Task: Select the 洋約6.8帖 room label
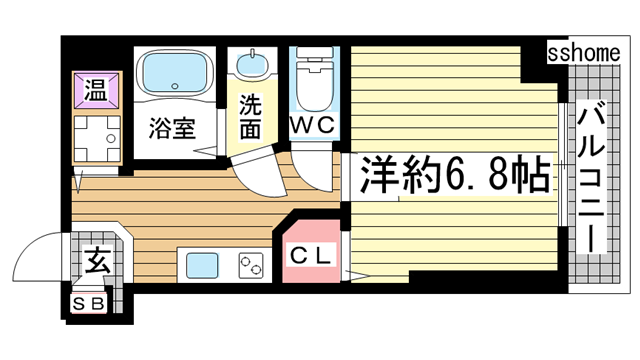(x=450, y=175)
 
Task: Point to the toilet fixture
(x=316, y=78)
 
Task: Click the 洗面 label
(x=251, y=115)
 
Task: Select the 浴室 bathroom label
(x=171, y=128)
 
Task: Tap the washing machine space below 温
(x=95, y=139)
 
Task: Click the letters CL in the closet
(x=311, y=255)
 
